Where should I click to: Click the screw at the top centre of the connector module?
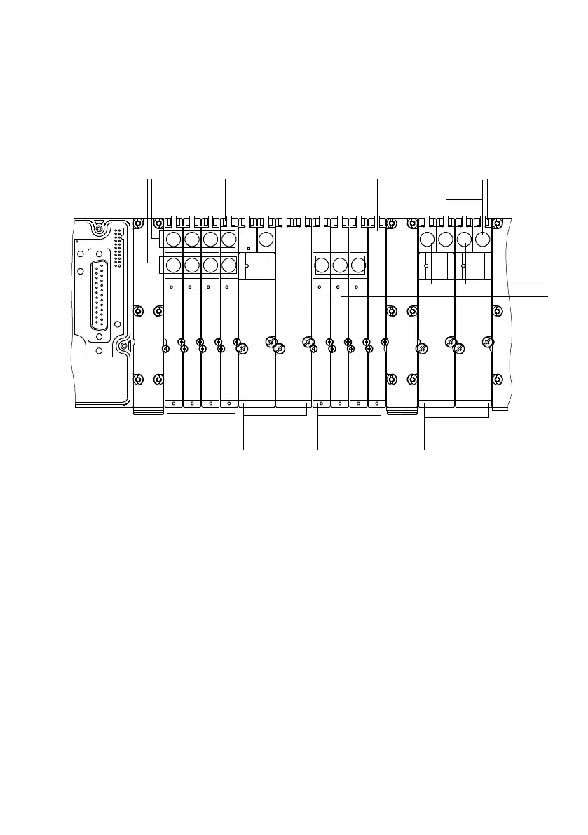pos(99,228)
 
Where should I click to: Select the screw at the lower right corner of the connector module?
pos(123,346)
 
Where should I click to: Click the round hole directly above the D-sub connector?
pos(100,254)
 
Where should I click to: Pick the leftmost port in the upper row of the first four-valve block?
pos(173,239)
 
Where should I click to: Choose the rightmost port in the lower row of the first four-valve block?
pos(228,265)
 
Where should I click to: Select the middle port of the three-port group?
pos(339,265)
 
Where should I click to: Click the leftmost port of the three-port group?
pos(321,265)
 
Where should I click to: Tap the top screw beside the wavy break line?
pos(497,224)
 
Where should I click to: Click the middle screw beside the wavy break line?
pos(497,310)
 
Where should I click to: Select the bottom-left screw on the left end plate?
pos(139,379)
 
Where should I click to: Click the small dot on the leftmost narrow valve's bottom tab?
pos(173,403)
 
